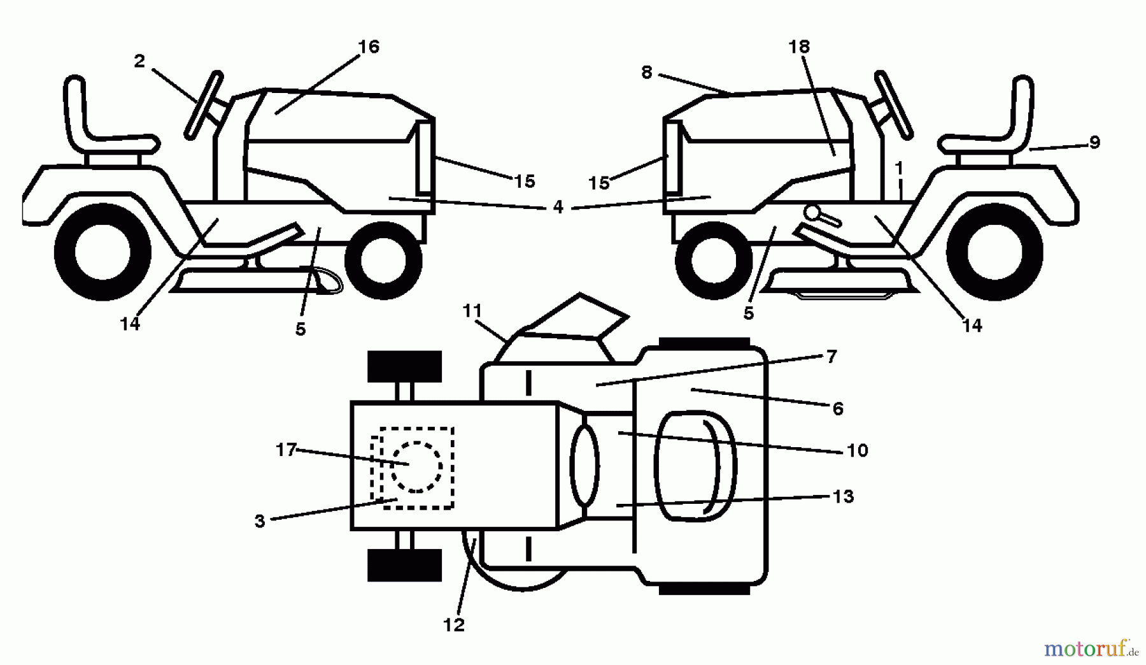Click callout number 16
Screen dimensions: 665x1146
coord(369,47)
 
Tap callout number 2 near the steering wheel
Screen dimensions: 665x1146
coord(139,61)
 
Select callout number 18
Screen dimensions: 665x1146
coord(799,47)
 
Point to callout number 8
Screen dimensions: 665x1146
coord(647,73)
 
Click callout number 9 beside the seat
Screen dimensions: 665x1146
coord(1094,143)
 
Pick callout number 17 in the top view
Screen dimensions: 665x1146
coord(286,450)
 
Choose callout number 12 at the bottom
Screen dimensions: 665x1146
coord(454,625)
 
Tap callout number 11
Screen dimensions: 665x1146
coord(472,311)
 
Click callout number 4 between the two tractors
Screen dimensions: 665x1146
coord(558,207)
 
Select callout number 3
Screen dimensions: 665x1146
coord(260,520)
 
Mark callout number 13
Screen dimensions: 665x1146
coord(843,496)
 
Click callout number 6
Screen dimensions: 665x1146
coord(838,408)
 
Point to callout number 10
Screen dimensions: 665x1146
coord(858,450)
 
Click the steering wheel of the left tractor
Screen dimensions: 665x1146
coord(204,105)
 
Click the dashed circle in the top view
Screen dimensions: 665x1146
coord(416,467)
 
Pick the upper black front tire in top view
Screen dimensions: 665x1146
coord(405,367)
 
